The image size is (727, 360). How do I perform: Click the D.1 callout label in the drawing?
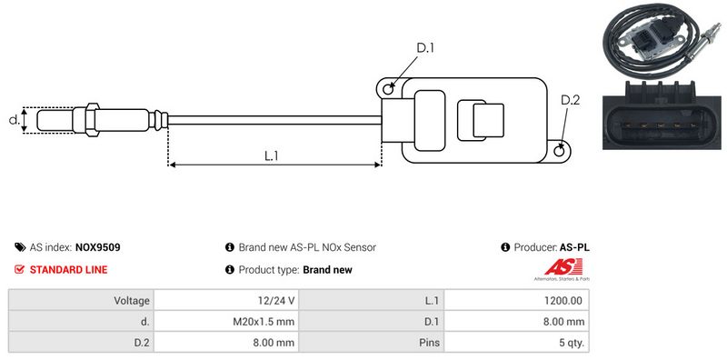point(424,48)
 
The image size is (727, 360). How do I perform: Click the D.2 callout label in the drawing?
point(571,100)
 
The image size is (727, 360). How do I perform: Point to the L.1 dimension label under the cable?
point(271,156)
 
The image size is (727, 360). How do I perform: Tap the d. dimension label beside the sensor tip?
point(15,120)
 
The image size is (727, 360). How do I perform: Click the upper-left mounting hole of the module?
point(389,88)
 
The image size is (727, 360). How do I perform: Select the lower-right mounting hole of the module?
point(560,150)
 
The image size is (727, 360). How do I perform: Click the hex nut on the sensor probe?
point(92,120)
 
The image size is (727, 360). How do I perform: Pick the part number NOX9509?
point(98,248)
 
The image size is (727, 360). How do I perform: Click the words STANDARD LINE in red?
point(69,270)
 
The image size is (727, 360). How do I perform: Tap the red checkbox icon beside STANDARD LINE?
point(19,269)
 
